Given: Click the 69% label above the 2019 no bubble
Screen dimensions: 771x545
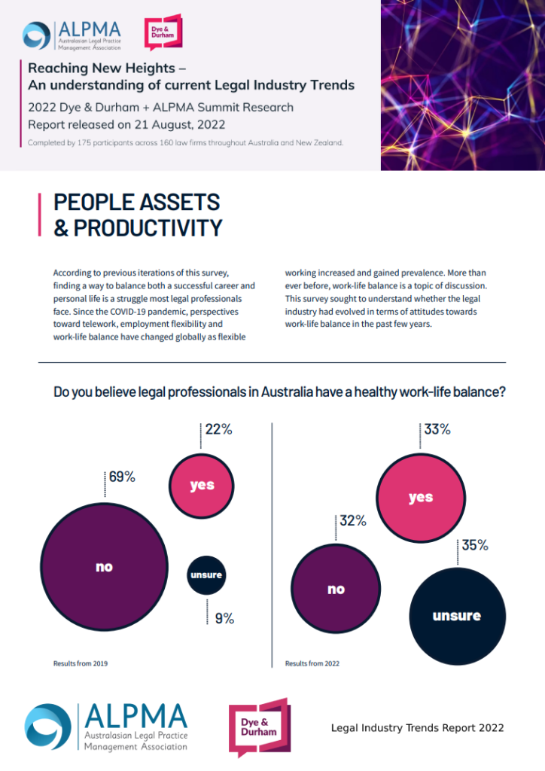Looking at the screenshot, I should point(122,477).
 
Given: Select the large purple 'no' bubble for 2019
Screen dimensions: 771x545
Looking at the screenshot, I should point(104,567).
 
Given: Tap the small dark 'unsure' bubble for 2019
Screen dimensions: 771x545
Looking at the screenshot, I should point(206,575).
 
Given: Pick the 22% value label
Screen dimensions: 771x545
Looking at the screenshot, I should point(218,430).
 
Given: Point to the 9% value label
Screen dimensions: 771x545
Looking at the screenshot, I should point(224,619).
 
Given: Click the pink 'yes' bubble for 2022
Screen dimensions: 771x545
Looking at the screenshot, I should point(420,498).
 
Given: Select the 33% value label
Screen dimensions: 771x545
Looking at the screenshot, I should point(437,430).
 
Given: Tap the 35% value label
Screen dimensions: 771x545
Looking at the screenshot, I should point(475,545).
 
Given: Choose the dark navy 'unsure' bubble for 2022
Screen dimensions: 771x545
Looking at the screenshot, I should point(456,616).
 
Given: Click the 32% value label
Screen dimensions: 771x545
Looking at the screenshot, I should point(352,520).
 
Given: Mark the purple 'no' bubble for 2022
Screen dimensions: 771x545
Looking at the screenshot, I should point(335,589).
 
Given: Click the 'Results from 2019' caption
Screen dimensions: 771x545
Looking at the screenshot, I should point(80,663).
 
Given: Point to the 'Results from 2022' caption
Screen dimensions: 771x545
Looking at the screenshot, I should point(312,663).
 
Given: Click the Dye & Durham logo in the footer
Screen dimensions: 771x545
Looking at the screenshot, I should point(259,727).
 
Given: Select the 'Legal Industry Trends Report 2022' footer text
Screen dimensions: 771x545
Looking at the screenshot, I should point(418,728).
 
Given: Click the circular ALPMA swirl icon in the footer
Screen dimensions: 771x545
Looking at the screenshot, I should point(48,727).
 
